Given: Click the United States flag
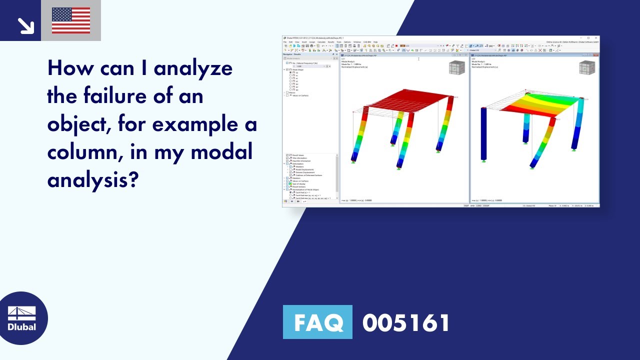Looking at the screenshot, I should point(71,20).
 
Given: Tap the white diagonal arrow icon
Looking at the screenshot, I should point(24,25).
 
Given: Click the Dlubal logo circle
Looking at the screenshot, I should point(22,318).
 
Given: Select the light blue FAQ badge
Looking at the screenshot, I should point(317,322).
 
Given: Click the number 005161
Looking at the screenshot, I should point(406,322).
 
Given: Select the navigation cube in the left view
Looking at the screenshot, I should point(456,67).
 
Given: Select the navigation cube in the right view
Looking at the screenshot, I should point(587,67).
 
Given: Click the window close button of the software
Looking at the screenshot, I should point(595,38).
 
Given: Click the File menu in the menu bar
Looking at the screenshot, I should point(285,42).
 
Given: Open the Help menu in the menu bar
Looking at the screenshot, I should point(375,42).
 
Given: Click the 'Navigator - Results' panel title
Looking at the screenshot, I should point(293,54).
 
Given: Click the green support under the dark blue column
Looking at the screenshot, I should point(484,160).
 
